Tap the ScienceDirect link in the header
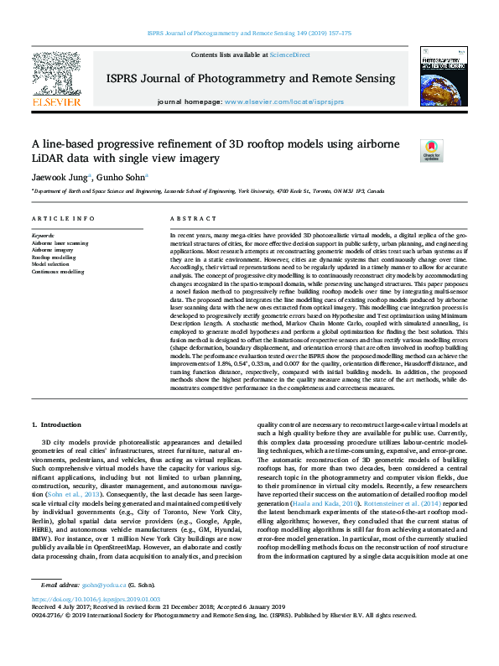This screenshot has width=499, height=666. click(x=289, y=55)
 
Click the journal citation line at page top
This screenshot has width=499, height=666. click(x=249, y=34)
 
